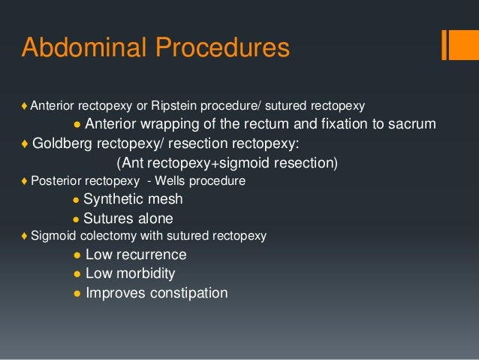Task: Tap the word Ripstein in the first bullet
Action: pos(172,104)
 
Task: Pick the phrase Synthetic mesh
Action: pos(133,200)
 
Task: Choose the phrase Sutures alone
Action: pos(128,219)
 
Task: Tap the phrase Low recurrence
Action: pos(136,255)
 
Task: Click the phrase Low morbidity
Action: pos(131,274)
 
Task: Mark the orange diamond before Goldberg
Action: pos(26,144)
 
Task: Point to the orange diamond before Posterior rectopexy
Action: pos(25,182)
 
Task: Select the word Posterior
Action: pos(54,182)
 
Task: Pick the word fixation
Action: pos(327,123)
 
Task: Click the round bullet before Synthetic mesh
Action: pos(76,201)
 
